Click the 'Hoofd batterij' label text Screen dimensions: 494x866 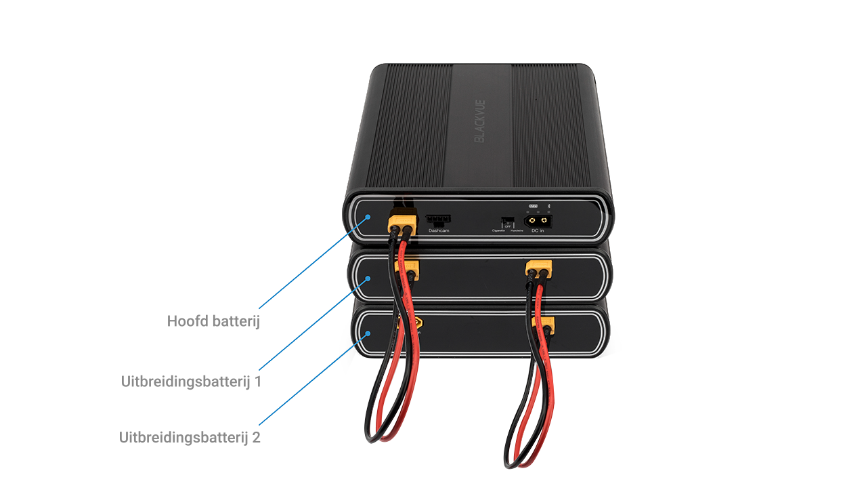click(213, 321)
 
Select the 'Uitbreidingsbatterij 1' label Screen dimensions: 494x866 click(191, 382)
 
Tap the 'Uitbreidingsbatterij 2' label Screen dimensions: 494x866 click(190, 437)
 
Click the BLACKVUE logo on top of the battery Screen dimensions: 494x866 click(479, 121)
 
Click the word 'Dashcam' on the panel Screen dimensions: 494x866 click(439, 231)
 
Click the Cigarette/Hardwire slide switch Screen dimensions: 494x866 click(506, 222)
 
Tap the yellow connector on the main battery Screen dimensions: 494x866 click(400, 223)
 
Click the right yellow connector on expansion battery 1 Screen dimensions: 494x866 click(538, 269)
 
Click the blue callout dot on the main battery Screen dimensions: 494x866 click(368, 218)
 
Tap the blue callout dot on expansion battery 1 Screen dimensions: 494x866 click(368, 278)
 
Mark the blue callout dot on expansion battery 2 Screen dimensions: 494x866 click(368, 333)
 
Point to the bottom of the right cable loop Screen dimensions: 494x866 click(515, 465)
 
